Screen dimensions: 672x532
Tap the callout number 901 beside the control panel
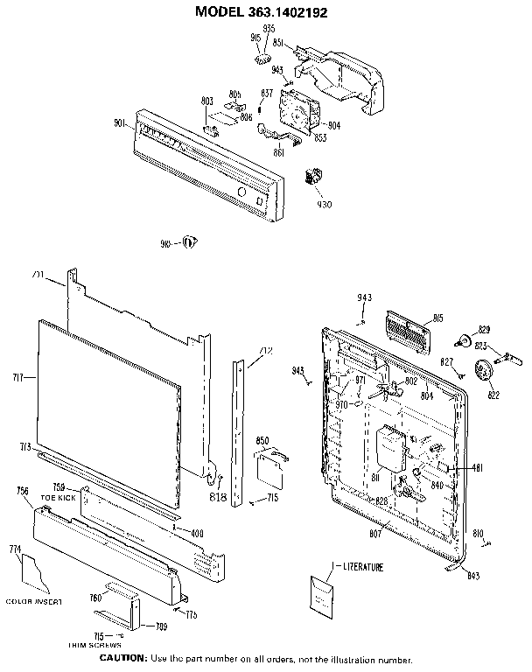coord(122,122)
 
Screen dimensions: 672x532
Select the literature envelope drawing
coord(326,597)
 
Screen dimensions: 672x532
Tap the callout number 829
coord(484,328)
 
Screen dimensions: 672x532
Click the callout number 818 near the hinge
coord(217,497)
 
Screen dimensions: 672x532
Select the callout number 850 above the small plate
coord(261,440)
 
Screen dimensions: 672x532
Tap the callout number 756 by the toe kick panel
coord(23,491)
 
